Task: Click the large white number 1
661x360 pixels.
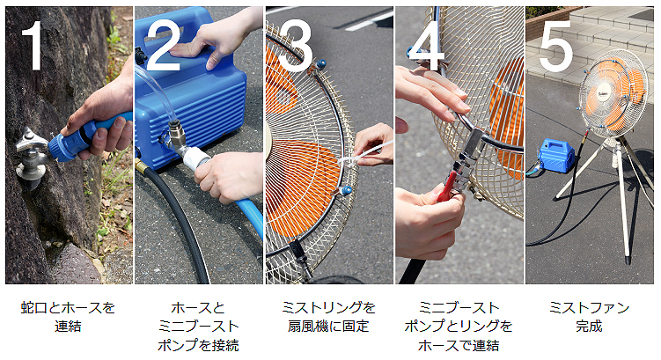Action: point(33,45)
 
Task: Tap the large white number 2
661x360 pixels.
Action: point(162,45)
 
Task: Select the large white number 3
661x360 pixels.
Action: point(295,46)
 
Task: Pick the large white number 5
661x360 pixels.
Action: point(555,45)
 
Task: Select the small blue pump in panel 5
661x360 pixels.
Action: point(556,155)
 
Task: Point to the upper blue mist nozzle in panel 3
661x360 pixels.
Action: point(320,65)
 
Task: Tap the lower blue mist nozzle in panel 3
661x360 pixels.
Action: point(347,190)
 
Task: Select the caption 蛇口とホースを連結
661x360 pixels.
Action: point(68,317)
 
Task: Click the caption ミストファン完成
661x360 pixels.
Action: point(589,317)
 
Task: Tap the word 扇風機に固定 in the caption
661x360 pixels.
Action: point(328,327)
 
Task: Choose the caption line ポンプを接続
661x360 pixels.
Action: point(198,346)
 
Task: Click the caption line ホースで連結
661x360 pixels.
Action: point(459,346)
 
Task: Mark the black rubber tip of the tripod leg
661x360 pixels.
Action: point(628,257)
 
